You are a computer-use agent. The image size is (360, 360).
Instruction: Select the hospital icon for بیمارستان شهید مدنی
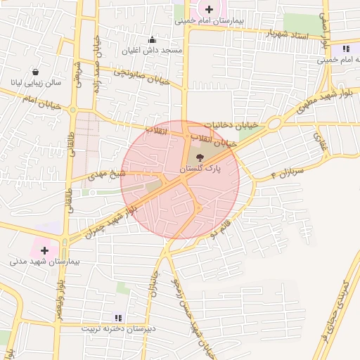click(x=45, y=250)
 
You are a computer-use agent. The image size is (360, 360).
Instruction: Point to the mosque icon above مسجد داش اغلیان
click(x=153, y=39)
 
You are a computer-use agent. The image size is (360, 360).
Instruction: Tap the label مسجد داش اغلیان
click(x=153, y=51)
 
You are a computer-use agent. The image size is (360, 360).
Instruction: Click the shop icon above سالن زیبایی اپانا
click(x=35, y=72)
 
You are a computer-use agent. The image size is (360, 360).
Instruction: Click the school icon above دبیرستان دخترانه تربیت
click(x=117, y=317)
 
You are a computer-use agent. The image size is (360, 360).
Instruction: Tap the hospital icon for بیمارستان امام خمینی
click(x=209, y=8)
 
